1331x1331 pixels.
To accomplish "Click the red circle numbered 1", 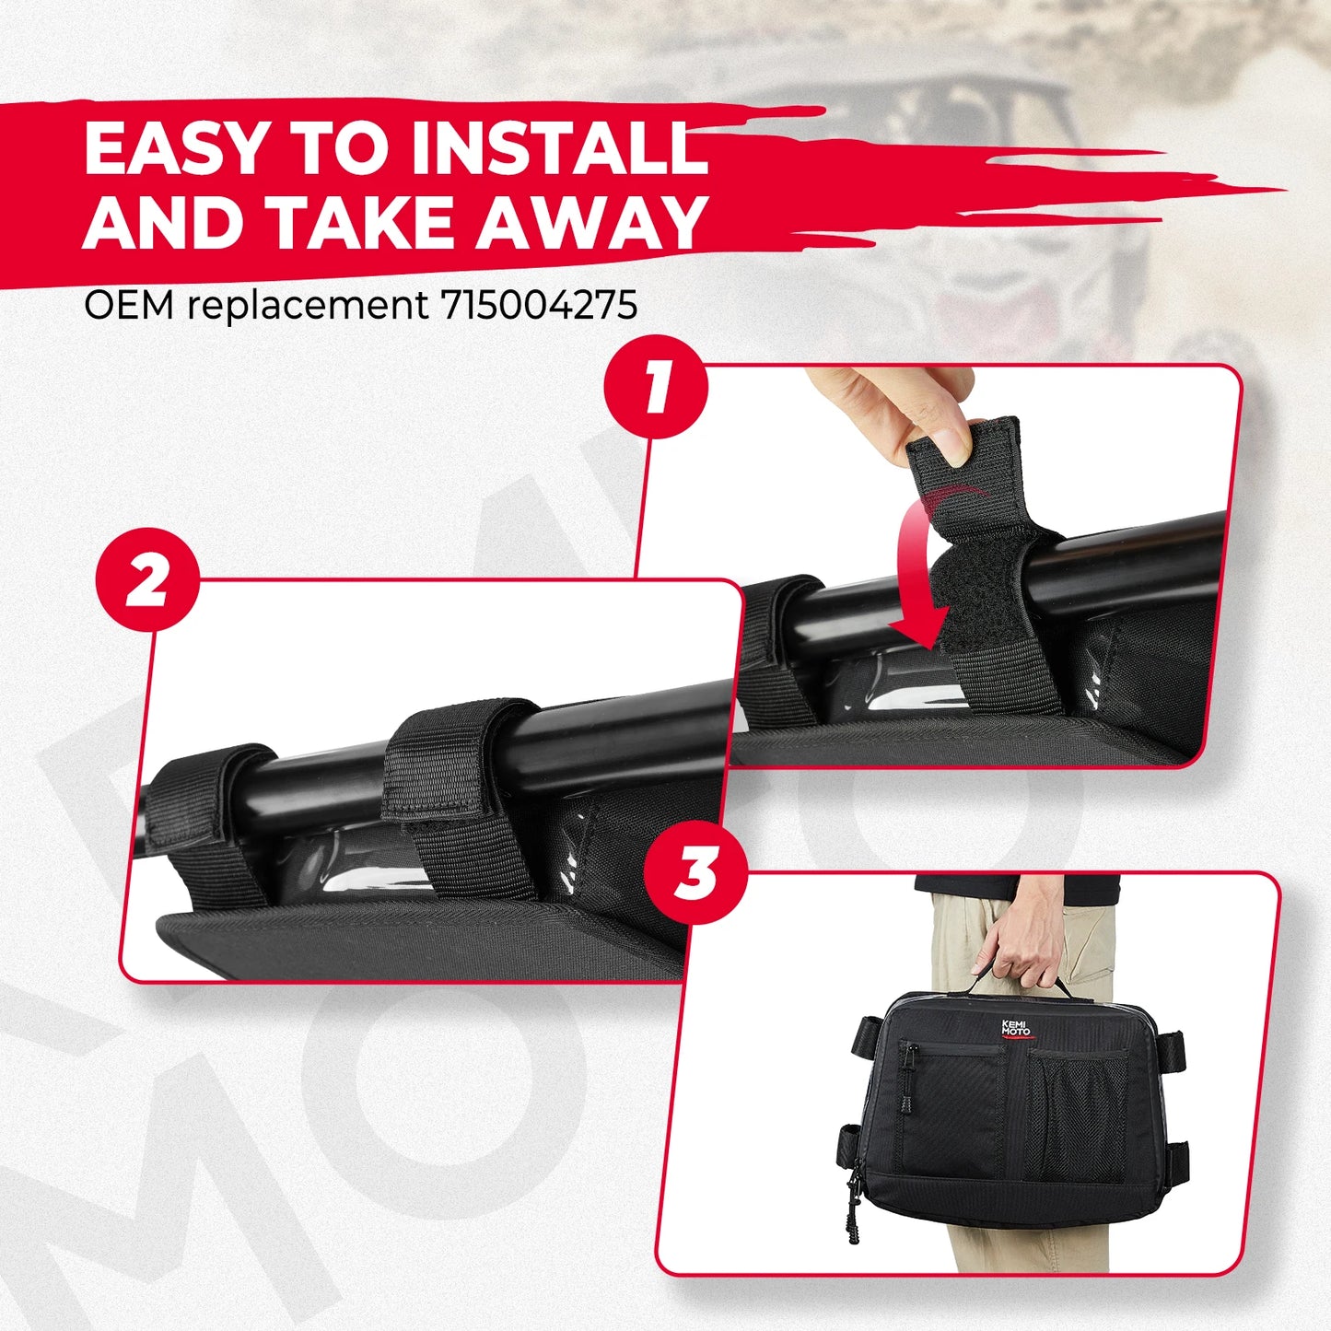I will coord(656,387).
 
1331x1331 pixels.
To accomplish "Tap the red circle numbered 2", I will coord(147,579).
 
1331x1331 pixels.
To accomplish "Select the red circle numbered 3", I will coord(695,872).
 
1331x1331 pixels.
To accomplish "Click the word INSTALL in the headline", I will coord(558,148).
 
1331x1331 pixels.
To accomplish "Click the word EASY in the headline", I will coord(176,148).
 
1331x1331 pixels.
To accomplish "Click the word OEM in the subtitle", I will coord(128,306).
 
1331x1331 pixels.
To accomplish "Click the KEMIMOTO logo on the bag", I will coord(1016,1028).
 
